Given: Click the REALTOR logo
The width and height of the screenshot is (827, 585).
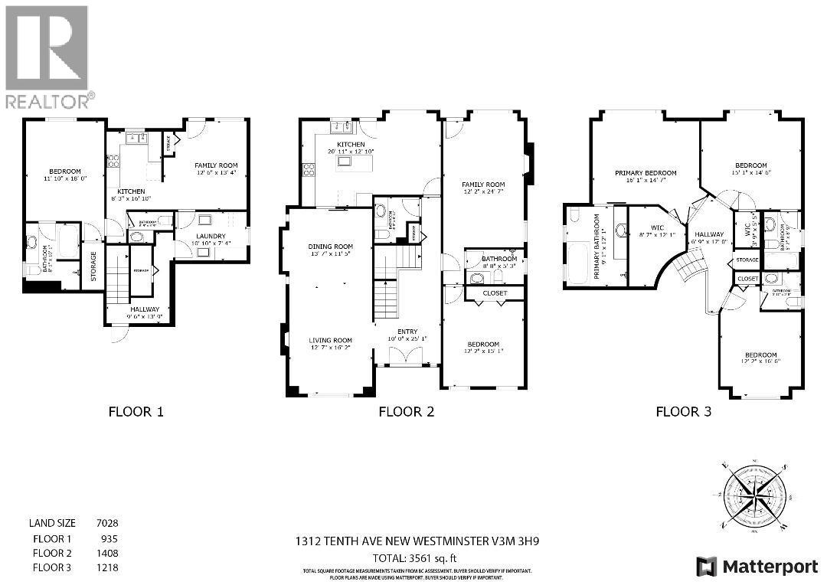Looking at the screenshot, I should pos(47,57).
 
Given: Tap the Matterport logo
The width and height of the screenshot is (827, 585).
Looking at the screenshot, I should pos(757,567).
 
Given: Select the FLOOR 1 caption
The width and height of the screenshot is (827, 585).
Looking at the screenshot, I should pos(136,411).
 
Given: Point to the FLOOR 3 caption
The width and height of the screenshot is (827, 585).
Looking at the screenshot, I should pos(683,411).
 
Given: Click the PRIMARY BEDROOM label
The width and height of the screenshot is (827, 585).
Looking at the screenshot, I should pos(646,173).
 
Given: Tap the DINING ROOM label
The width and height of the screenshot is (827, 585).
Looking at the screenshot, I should pos(330,247).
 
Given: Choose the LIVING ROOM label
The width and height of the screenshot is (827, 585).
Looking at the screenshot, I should pos(330,341).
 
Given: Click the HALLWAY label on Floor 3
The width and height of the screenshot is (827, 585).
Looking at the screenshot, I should pos(704,235).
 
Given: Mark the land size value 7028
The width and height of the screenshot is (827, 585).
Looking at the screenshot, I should pos(106,523).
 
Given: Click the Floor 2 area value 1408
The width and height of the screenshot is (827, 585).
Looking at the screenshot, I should pos(106,552).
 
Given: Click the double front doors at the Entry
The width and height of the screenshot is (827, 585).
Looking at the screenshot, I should pos(406,357).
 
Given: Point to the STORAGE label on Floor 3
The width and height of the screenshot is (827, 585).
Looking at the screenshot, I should pos(747,260).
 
